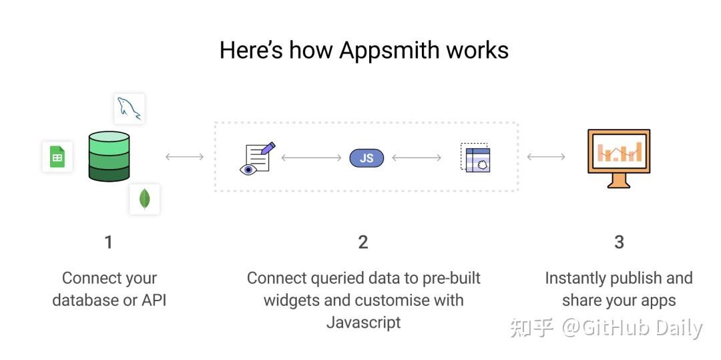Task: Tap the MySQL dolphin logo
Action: click(x=130, y=109)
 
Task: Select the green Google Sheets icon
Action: click(x=57, y=157)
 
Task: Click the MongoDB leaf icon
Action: click(x=144, y=199)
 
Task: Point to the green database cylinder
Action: click(x=109, y=156)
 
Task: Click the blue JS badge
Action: click(x=367, y=158)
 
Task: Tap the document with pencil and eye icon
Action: click(x=257, y=158)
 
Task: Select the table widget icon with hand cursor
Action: click(x=475, y=157)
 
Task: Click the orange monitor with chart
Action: click(x=619, y=158)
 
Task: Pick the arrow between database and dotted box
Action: click(x=184, y=157)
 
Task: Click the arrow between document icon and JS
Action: click(x=311, y=158)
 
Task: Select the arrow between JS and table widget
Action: click(x=417, y=158)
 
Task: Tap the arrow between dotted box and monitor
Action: click(x=546, y=157)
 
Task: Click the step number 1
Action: click(x=109, y=242)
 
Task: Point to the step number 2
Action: click(x=363, y=242)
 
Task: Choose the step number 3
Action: click(x=619, y=242)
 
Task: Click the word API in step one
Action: click(x=154, y=301)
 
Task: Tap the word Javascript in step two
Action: click(x=363, y=323)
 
